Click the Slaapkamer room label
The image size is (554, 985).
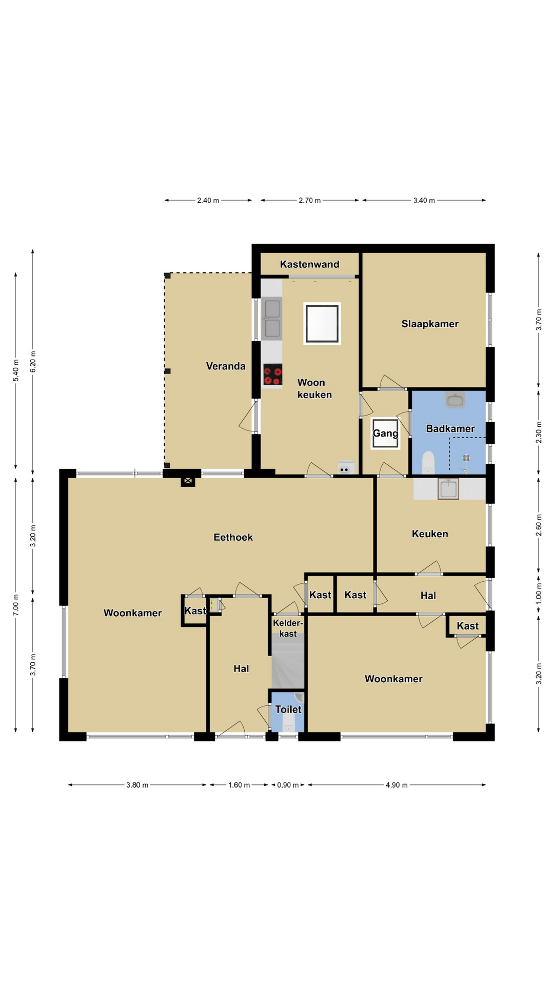tap(430, 324)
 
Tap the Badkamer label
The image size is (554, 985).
tap(450, 428)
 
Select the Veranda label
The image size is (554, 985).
tap(226, 366)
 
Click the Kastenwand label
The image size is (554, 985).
tap(309, 264)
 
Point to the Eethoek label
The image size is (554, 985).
tap(233, 537)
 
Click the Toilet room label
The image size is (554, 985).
tap(288, 710)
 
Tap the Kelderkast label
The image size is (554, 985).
tap(288, 628)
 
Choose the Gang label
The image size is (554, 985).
tap(385, 434)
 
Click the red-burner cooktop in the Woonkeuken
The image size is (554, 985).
tap(272, 375)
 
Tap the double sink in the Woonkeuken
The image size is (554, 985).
tap(272, 319)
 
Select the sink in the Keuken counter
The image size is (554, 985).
tap(448, 488)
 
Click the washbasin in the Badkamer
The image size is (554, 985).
tap(455, 400)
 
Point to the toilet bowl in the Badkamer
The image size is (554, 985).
tap(428, 462)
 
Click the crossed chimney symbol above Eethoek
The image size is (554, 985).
tap(188, 481)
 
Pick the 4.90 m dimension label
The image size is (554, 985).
tap(397, 785)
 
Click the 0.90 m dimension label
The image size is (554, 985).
tap(288, 785)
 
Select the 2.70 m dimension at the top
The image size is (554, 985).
tap(310, 201)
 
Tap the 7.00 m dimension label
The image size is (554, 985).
tap(16, 604)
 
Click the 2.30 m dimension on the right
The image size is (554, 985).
tap(539, 432)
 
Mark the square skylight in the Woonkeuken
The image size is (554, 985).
tap(322, 323)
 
